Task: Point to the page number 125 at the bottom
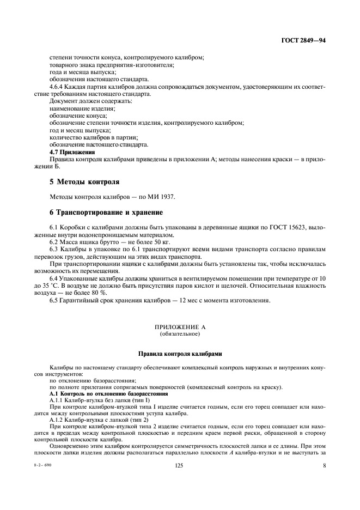179,495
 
